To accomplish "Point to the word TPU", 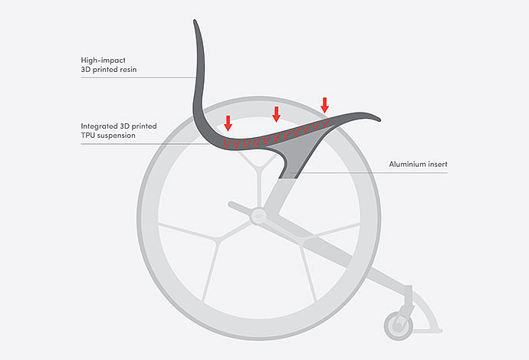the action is (x=90, y=136).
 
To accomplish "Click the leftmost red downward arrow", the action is (x=228, y=121).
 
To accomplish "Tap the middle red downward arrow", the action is (x=277, y=113).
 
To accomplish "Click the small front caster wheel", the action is (x=399, y=325).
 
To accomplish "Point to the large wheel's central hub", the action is (x=258, y=216).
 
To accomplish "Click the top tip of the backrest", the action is (x=196, y=23).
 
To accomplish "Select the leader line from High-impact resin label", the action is (x=138, y=77).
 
